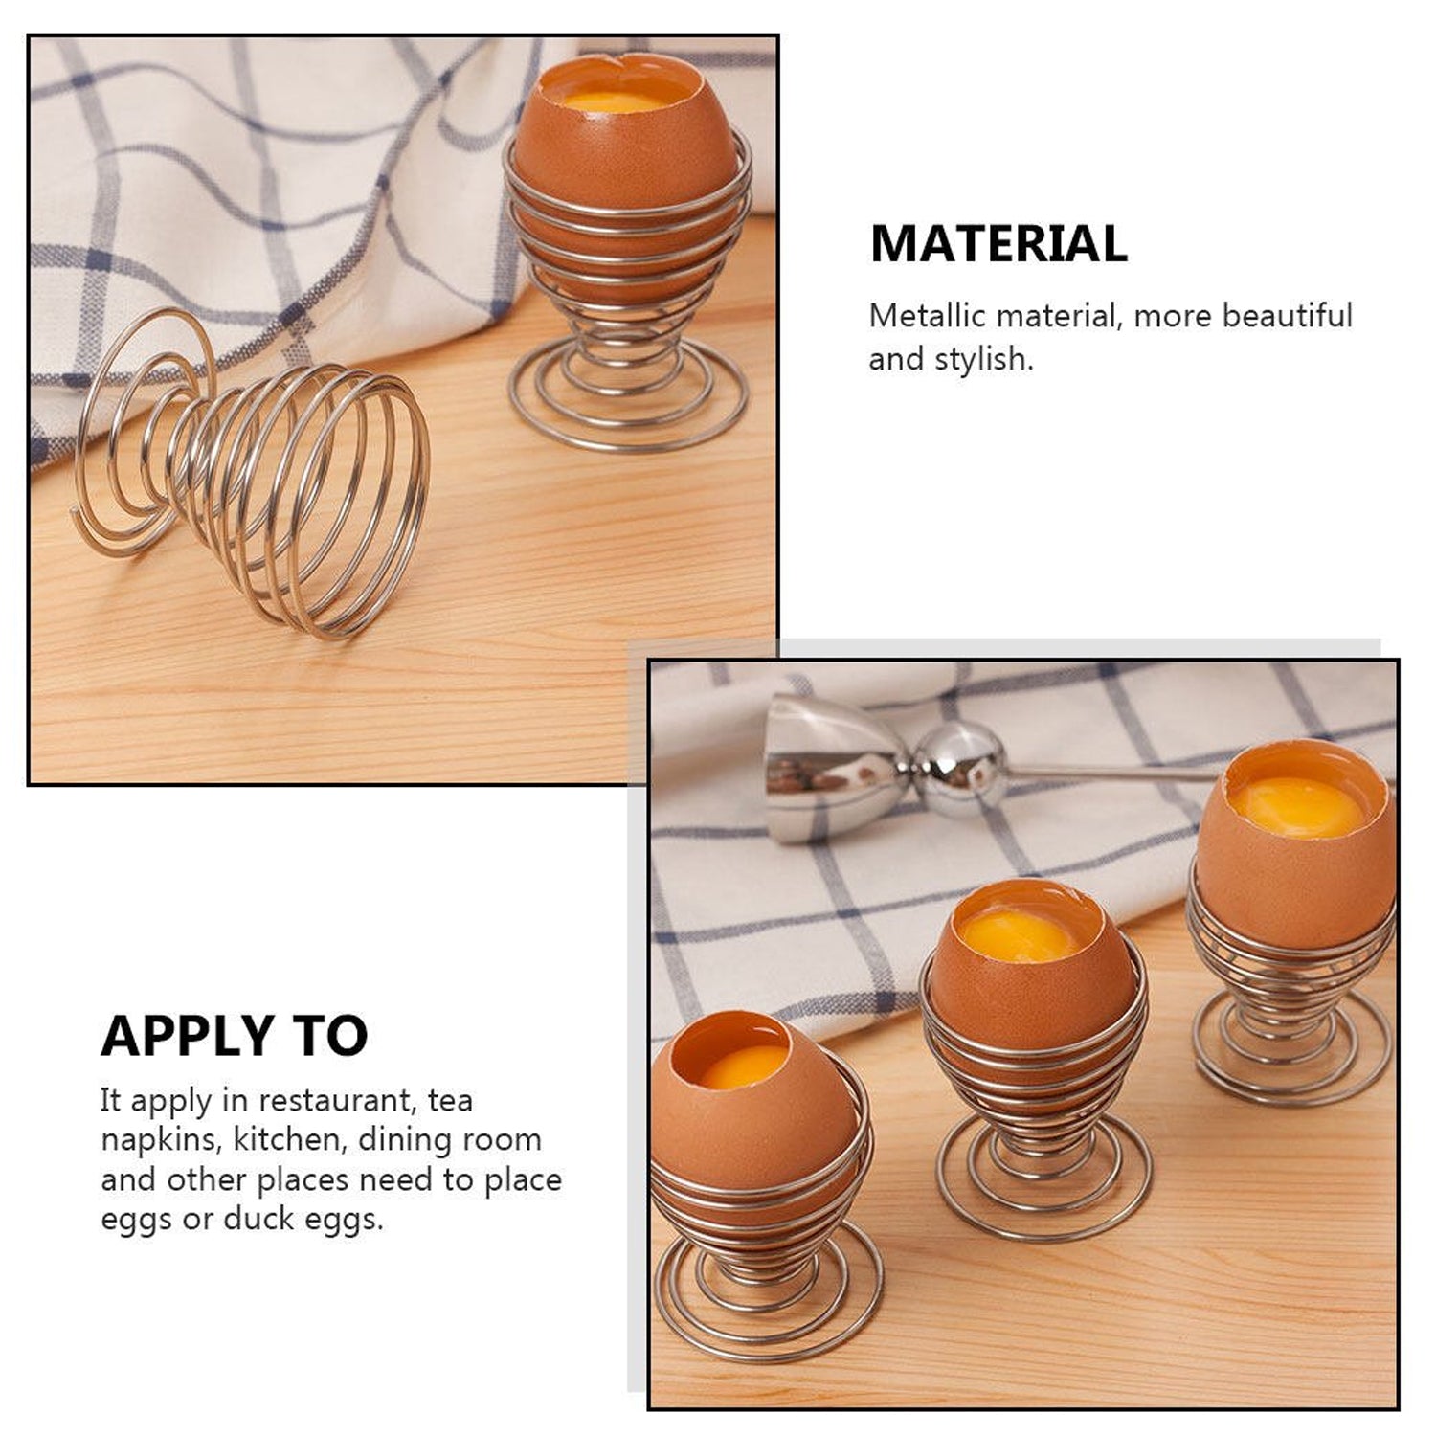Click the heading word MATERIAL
point(998,243)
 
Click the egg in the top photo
point(622,172)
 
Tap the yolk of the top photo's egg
point(613,101)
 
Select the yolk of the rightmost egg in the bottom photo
point(1297,806)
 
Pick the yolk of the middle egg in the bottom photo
point(1020,935)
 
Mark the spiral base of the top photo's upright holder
point(628,397)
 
